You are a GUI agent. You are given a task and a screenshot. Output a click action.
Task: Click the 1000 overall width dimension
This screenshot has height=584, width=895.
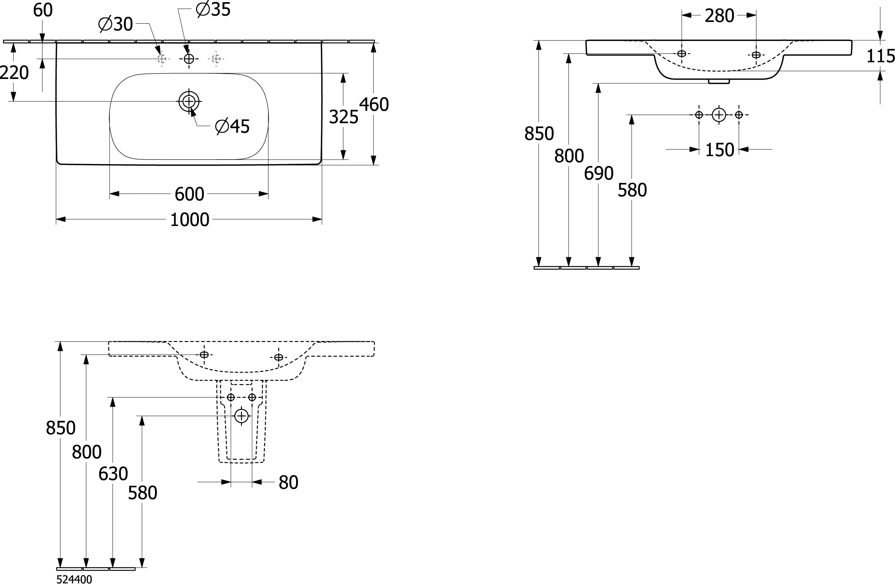190,220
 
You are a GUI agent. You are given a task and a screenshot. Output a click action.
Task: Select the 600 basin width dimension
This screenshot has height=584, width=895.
190,194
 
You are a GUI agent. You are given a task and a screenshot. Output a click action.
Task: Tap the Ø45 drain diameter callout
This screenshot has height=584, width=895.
232,127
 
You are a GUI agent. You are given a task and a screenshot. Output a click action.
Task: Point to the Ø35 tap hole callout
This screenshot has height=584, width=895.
213,9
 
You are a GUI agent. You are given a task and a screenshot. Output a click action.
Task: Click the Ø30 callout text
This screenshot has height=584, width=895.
116,24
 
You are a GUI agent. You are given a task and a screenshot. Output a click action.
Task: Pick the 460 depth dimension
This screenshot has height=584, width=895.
374,105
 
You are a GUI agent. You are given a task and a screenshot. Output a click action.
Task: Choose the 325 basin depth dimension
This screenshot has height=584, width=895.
343,117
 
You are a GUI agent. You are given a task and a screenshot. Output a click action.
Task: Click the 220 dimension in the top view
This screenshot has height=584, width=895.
14,72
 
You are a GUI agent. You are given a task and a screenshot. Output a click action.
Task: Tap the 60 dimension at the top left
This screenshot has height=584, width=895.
43,10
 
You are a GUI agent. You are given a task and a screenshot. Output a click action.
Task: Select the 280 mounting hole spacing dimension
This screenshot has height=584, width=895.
719,16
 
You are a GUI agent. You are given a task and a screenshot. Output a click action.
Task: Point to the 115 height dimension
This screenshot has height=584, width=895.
881,56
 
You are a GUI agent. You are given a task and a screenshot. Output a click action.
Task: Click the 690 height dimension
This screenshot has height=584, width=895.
599,174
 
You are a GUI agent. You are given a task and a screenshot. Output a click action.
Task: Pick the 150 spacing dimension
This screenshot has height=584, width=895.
719,150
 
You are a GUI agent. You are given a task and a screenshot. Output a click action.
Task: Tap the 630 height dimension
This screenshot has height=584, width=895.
113,474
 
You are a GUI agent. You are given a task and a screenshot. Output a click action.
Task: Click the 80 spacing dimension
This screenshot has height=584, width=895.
289,482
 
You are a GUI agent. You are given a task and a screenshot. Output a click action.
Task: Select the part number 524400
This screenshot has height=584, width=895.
74,579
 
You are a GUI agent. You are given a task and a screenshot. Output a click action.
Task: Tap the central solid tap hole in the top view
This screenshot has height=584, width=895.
189,59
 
